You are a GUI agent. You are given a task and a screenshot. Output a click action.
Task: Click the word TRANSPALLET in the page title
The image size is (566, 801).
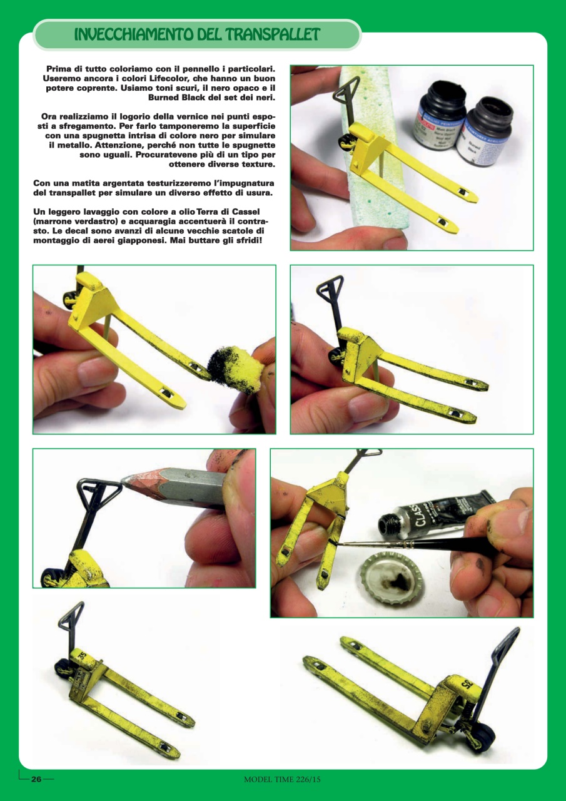tap(273, 34)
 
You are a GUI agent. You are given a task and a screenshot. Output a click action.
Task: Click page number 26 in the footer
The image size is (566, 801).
tap(36, 779)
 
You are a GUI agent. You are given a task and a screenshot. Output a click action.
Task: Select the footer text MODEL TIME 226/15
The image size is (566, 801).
tap(282, 779)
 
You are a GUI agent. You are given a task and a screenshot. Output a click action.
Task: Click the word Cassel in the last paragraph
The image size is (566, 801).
tap(246, 212)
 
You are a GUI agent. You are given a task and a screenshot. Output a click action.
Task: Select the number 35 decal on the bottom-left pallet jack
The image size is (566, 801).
tap(84, 656)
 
